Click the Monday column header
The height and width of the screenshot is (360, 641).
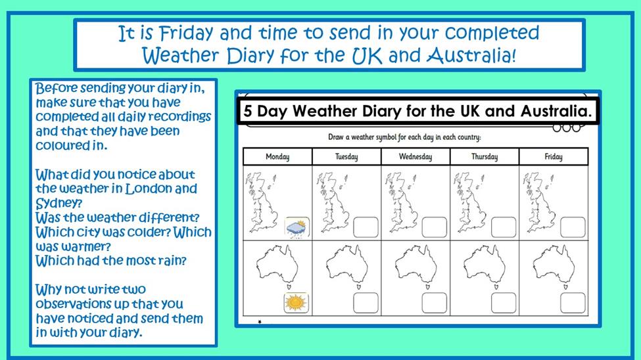click(x=277, y=156)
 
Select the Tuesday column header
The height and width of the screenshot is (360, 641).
click(x=346, y=156)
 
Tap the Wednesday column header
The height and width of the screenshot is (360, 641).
click(x=415, y=156)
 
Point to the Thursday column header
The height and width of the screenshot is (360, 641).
click(x=485, y=156)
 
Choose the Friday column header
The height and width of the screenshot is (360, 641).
click(x=554, y=156)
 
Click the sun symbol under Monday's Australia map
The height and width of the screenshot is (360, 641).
click(x=297, y=303)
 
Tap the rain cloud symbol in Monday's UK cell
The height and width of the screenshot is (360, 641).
click(x=297, y=227)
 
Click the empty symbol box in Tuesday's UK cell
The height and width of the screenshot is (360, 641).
click(x=366, y=227)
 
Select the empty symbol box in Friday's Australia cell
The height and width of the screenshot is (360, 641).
click(x=573, y=303)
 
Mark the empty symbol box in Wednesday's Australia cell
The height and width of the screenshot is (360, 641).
click(x=435, y=303)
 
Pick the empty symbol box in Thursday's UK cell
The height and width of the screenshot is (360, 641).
click(x=504, y=227)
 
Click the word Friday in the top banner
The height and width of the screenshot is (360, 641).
click(x=186, y=33)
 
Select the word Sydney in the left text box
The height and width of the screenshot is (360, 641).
click(x=59, y=203)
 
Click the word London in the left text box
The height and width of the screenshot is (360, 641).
click(x=148, y=189)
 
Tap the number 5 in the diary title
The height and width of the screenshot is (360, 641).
click(x=248, y=111)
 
